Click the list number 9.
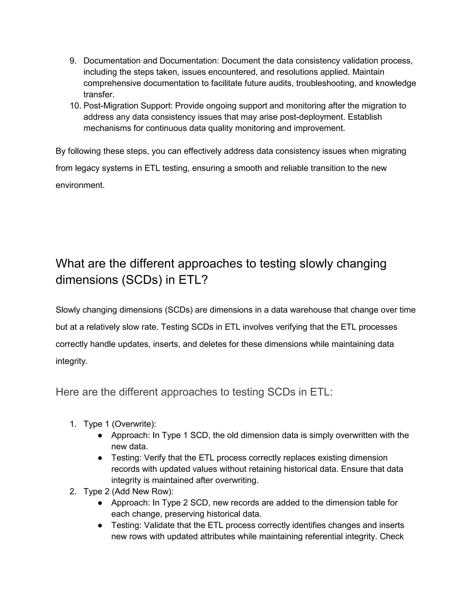[x=73, y=61]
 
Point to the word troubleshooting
[x=326, y=83]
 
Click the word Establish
[x=365, y=117]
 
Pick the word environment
[x=80, y=185]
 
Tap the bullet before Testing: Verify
[x=100, y=458]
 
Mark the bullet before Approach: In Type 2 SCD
[x=100, y=503]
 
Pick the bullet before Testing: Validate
[x=100, y=525]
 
